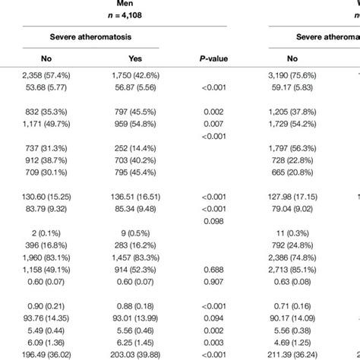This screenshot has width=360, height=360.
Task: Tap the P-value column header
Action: coord(210,58)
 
